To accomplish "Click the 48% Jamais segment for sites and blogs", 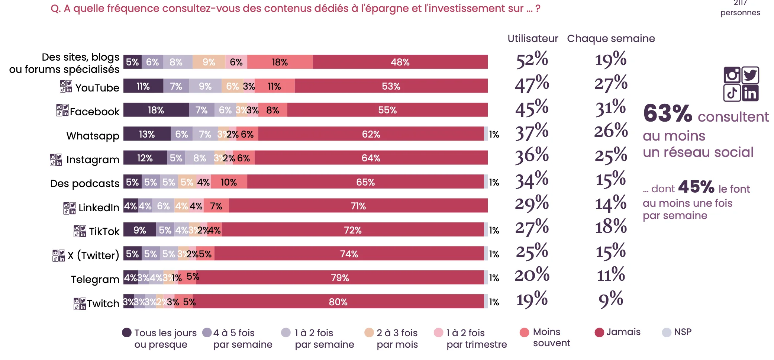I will point(400,62).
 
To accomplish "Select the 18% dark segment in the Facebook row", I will point(156,110).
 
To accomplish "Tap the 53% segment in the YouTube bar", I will point(391,86).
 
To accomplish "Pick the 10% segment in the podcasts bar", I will point(229,182).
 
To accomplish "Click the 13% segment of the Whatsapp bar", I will point(147,134).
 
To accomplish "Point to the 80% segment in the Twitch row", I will point(338,302).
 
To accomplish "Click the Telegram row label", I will point(95,279).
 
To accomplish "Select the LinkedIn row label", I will point(99,207).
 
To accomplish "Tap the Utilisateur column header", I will point(532,38).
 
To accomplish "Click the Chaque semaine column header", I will point(611,38).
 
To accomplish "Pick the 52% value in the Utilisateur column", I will point(532,60).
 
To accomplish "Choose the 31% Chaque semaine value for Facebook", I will point(610,108).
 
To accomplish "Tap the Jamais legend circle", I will point(599,332).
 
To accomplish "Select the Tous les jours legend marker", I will point(127,332).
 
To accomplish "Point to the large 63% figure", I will point(667,113).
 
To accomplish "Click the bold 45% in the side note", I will point(696,187).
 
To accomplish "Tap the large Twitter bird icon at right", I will point(750,75).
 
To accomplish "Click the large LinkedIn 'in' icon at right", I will point(750,93).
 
